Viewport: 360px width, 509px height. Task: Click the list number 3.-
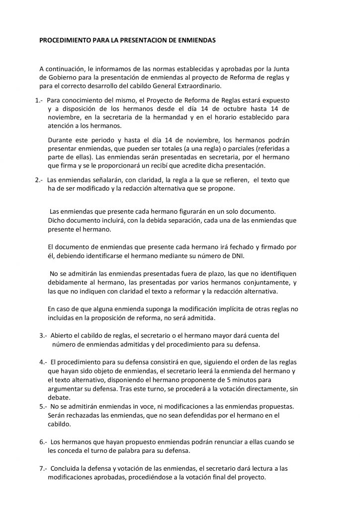[x=43, y=336]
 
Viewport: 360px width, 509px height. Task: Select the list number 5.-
[x=43, y=407]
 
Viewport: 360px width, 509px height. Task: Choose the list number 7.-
[x=43, y=468]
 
